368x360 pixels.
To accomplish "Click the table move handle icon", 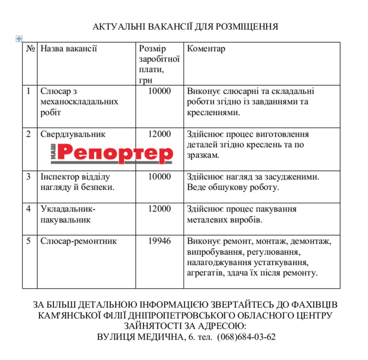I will pyautogui.click(x=19, y=39).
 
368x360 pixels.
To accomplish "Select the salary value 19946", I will pyautogui.click(x=160, y=241).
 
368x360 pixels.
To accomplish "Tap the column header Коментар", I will pyautogui.click(x=206, y=49).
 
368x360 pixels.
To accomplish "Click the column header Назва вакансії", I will pyautogui.click(x=69, y=49).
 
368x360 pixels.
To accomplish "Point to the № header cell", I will pyautogui.click(x=30, y=49).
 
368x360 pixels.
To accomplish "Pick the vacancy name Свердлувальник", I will pyautogui.click(x=73, y=134).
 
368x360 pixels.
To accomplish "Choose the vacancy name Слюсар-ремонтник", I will pyautogui.click(x=78, y=241).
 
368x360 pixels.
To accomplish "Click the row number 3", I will pyautogui.click(x=29, y=177).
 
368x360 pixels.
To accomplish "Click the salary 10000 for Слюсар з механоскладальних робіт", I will pyautogui.click(x=160, y=91).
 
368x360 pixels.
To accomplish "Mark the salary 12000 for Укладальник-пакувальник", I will pyautogui.click(x=160, y=209).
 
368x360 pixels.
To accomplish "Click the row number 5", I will pyautogui.click(x=29, y=241).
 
